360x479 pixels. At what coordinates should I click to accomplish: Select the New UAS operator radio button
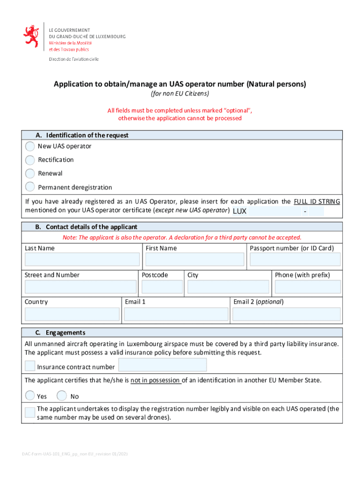coord(30,146)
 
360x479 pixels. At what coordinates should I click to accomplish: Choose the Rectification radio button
coord(30,160)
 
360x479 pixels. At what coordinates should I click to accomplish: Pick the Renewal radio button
coord(30,174)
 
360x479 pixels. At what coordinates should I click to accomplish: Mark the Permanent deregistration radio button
coord(30,187)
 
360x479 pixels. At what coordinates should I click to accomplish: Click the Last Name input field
coord(82,260)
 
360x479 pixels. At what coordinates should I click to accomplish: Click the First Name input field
coord(194,260)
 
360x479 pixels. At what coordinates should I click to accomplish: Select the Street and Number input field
coord(80,287)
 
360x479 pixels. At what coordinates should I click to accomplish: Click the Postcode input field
coord(162,287)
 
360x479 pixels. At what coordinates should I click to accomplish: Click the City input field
coord(228,287)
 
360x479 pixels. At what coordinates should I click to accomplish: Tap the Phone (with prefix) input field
coord(307,287)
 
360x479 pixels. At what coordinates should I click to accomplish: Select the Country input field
coord(72,314)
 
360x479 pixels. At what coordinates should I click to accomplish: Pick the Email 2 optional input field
coord(286,314)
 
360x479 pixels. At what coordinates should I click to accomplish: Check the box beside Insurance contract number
coord(30,366)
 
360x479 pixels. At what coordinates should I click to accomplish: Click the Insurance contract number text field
coord(163,365)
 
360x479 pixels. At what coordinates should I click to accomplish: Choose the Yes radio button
coord(30,396)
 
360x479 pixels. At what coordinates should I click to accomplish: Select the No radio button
coord(62,396)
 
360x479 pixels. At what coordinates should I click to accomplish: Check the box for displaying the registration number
coord(30,412)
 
